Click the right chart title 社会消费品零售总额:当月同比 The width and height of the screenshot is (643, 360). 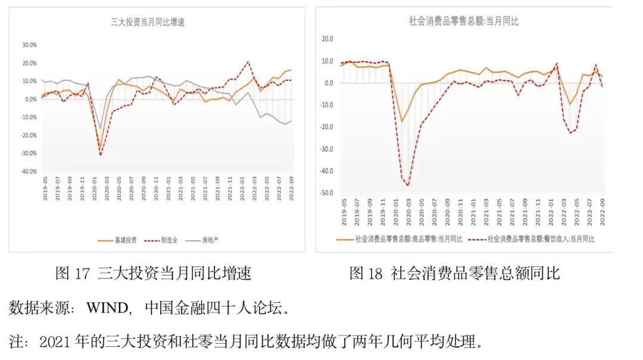464,21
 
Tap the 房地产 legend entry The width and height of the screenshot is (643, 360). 212,240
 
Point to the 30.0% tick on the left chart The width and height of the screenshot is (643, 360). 29,45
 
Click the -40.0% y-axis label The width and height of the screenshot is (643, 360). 28,172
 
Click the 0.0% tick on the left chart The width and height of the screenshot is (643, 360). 30,99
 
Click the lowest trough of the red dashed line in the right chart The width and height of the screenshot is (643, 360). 408,186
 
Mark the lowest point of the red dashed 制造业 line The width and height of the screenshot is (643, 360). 100,155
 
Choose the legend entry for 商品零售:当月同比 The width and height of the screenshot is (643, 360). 401,239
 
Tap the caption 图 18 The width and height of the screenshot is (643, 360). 366,273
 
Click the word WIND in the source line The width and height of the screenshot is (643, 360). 107,308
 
